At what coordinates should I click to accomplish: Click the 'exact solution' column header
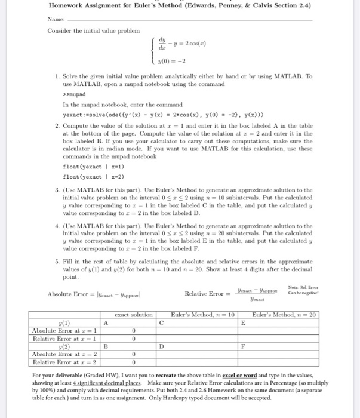(x=133, y=314)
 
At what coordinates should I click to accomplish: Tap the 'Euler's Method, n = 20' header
(x=283, y=314)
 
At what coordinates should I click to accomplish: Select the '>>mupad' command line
(x=74, y=94)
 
